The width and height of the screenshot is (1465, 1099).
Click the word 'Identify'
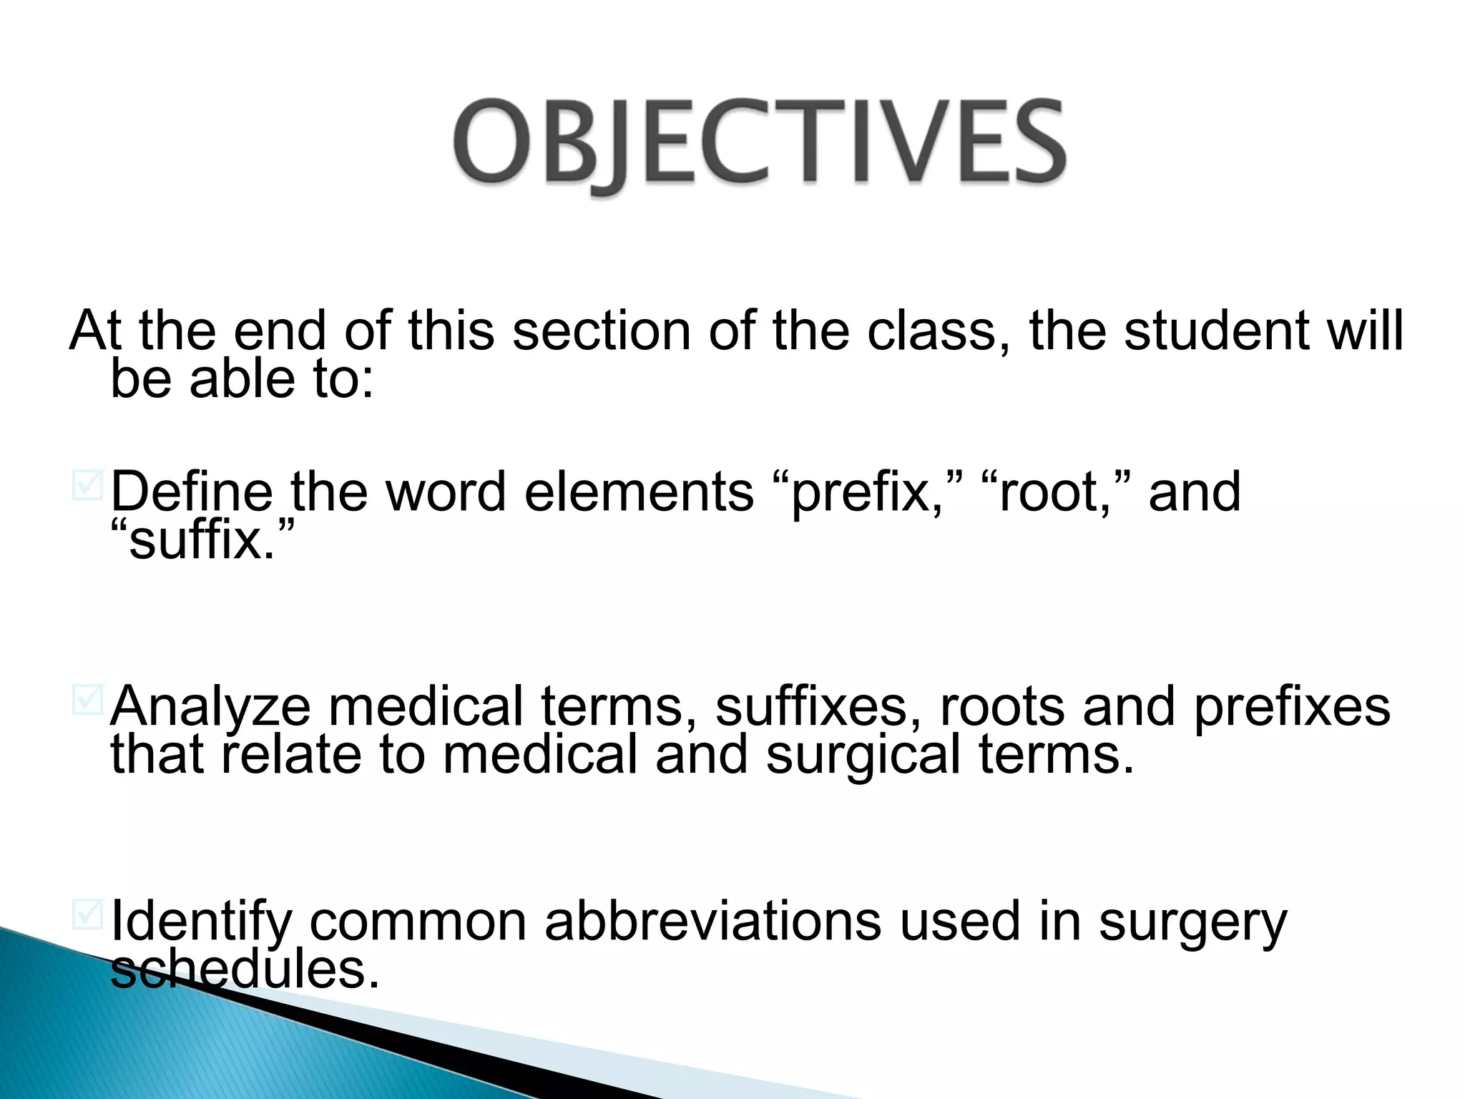(x=201, y=923)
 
